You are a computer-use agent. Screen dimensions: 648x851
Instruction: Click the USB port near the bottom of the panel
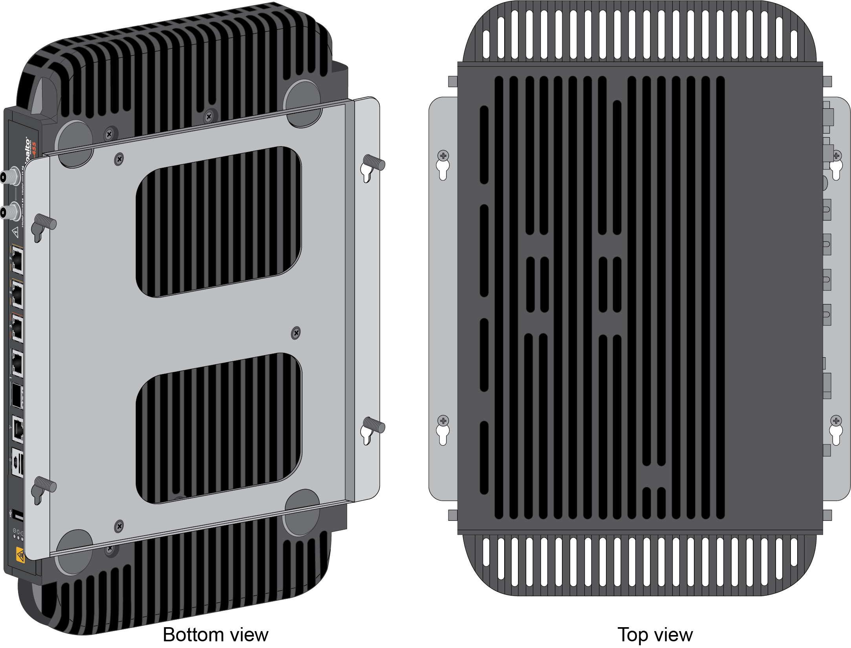(17, 515)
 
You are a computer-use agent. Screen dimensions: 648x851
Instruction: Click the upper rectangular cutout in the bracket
(218, 222)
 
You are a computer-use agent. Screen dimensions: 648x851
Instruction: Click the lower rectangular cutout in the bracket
(218, 428)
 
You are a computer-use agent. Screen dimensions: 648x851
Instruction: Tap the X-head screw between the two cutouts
(296, 333)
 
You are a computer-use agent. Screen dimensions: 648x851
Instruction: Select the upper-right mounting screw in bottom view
(374, 162)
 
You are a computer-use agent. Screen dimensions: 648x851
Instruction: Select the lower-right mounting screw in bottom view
(374, 425)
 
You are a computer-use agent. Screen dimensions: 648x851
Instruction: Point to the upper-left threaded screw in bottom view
(46, 222)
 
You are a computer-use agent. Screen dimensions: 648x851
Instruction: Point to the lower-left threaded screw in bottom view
(46, 485)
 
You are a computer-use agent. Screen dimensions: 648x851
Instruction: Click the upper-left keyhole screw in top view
(443, 156)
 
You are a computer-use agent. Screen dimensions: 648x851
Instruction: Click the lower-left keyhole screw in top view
(443, 421)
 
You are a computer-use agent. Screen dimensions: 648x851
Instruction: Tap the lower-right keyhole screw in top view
(836, 421)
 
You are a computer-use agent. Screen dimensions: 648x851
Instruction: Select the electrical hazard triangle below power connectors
(16, 232)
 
